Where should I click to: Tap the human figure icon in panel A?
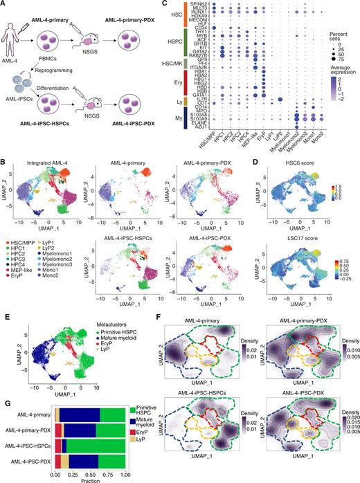[x=15, y=33]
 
